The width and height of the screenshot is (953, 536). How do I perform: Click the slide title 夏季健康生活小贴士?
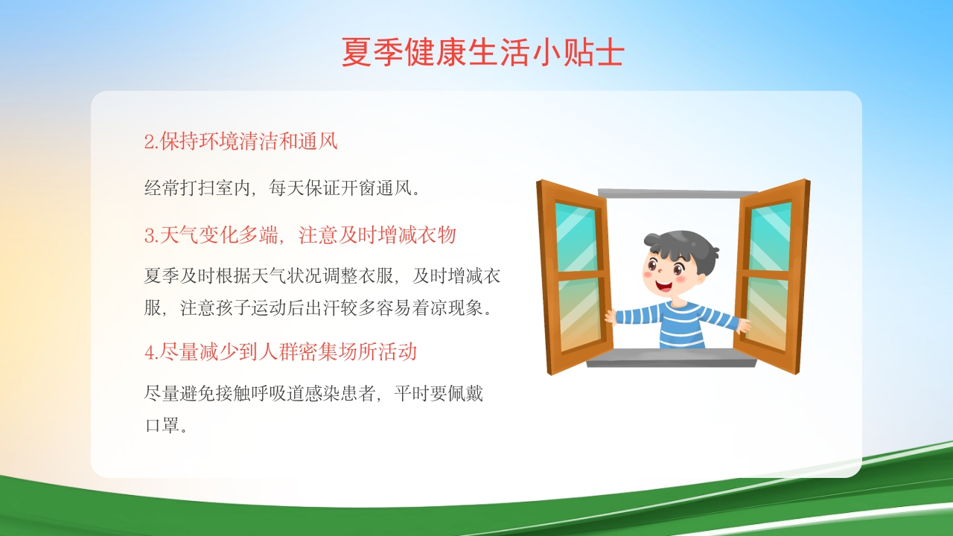482,53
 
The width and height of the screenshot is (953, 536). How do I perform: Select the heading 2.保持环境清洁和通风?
240,141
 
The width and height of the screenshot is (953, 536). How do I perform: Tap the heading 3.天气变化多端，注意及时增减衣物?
300,236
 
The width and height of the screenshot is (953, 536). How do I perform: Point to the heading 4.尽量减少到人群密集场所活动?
280,351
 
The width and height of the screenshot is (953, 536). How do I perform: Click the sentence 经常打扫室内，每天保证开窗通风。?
283,188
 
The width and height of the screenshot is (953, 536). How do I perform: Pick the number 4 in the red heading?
149,352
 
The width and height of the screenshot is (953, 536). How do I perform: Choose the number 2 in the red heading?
149,142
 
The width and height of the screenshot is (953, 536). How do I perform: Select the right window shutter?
770,275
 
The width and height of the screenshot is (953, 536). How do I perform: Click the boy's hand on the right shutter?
742,325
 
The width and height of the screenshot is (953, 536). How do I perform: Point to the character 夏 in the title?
355,53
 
